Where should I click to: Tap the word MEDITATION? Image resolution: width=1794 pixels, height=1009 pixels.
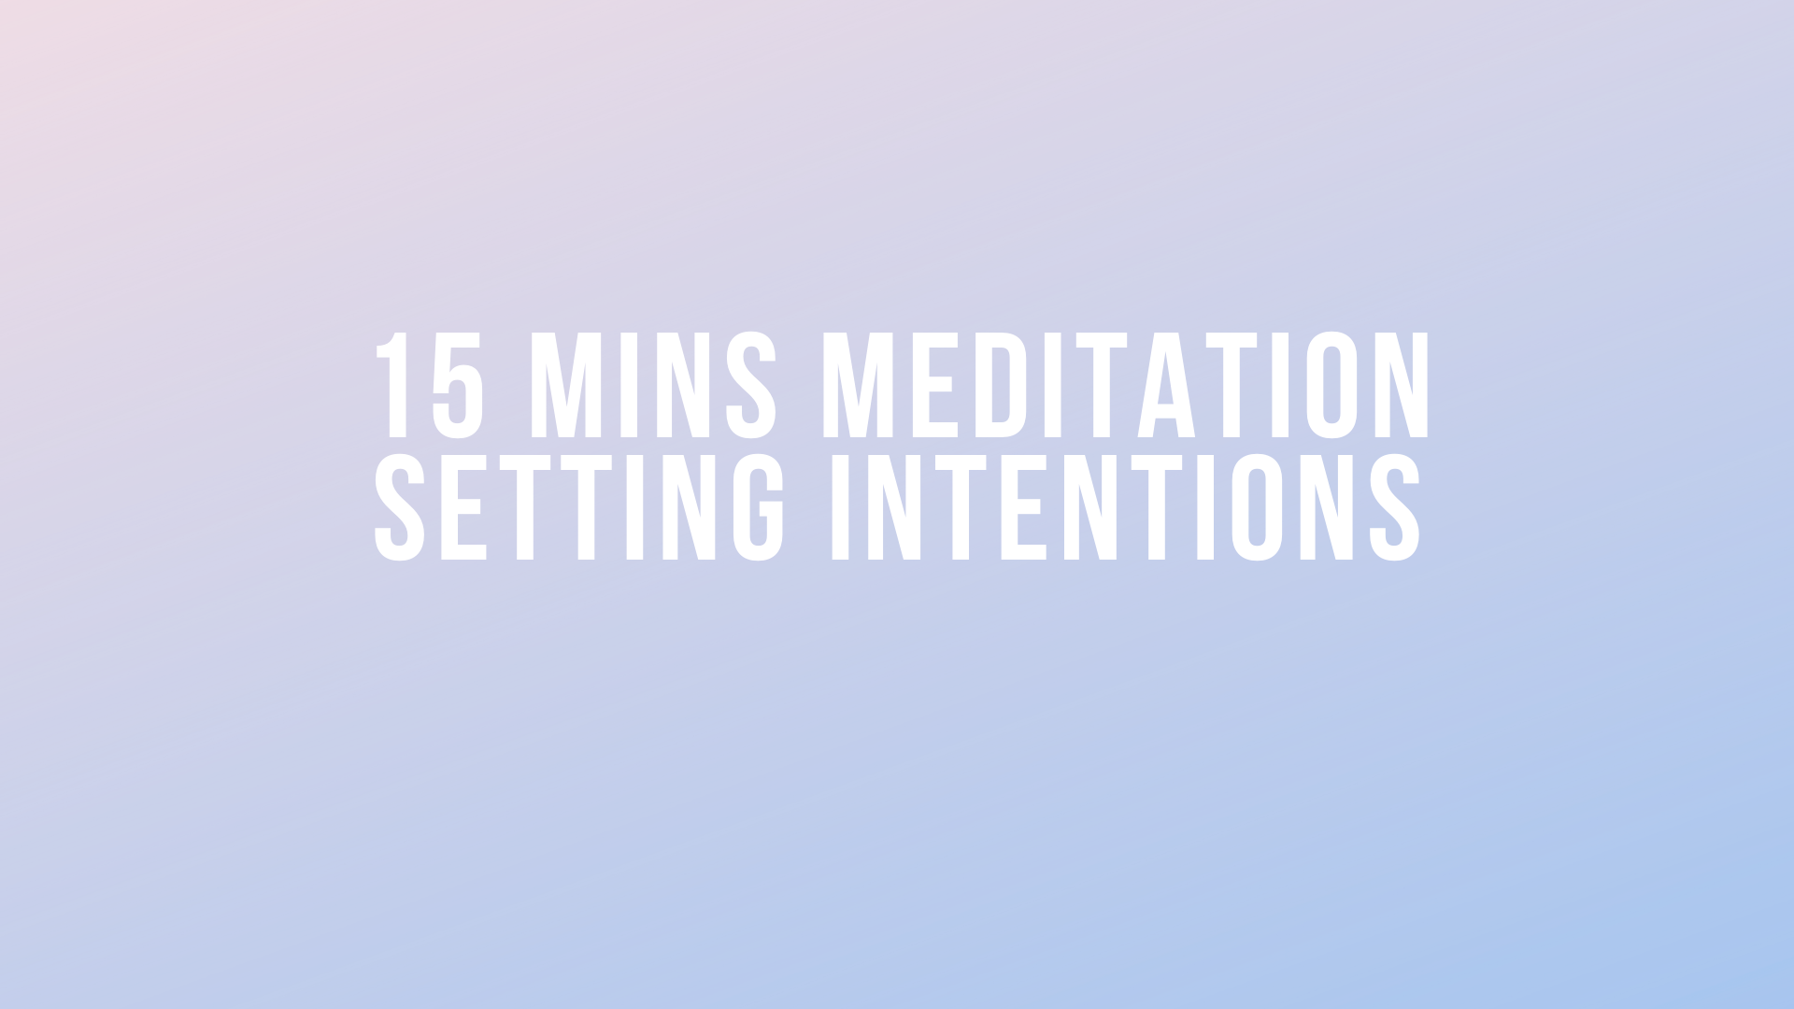pos(1126,384)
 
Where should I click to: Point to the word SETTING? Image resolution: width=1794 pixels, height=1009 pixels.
pos(579,507)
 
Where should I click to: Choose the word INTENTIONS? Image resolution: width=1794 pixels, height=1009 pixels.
pos(1125,507)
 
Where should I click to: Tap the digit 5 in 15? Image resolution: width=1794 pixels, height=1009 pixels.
pos(458,384)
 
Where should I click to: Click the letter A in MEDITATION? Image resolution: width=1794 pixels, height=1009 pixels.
pos(1166,384)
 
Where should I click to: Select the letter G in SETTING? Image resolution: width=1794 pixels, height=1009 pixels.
pos(758,507)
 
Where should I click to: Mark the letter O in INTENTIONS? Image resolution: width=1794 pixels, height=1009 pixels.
pos(1257,507)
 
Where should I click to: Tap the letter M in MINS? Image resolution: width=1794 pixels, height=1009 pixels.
pos(566,384)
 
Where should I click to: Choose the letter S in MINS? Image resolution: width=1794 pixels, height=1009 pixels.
pos(751,384)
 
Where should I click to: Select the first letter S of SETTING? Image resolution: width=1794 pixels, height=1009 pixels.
pos(400,507)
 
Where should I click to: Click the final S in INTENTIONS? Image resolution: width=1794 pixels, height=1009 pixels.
pos(1394,507)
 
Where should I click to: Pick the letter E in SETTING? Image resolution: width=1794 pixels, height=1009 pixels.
pos(462,507)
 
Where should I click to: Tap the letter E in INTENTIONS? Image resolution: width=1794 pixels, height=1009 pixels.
pos(1021,507)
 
